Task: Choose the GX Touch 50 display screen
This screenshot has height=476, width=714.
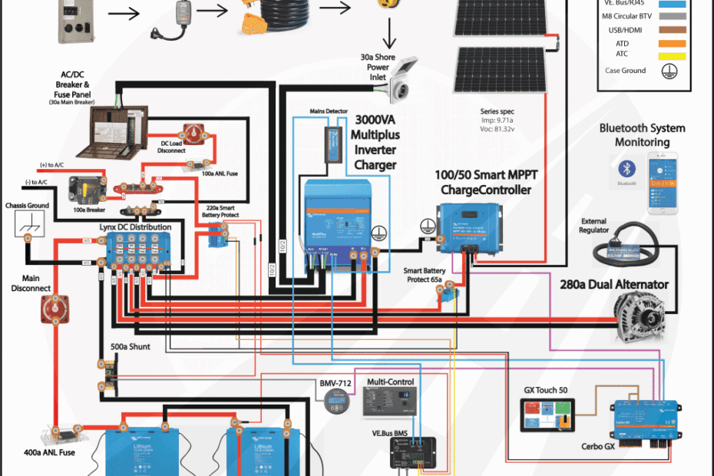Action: tap(550, 418)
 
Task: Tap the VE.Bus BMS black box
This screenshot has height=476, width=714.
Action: tap(413, 454)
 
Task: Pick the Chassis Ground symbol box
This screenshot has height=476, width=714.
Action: tap(28, 226)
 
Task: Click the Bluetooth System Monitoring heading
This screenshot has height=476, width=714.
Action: tap(642, 134)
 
